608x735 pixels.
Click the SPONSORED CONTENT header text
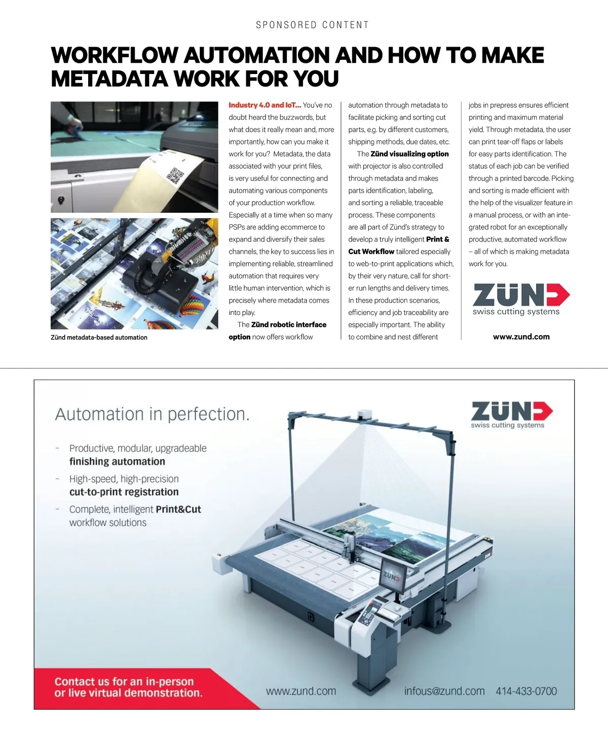click(x=312, y=25)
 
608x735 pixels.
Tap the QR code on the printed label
click(x=175, y=175)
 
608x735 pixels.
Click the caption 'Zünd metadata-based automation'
click(x=99, y=338)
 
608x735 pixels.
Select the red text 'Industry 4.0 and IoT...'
click(x=264, y=105)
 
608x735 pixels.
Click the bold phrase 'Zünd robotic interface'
click(x=289, y=325)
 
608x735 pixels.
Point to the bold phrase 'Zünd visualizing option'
click(x=409, y=154)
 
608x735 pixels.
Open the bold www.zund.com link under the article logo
click(x=521, y=337)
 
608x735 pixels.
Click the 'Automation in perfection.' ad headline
click(x=152, y=415)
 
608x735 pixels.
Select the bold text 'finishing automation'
click(x=117, y=462)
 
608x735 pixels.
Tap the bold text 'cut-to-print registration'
click(x=124, y=492)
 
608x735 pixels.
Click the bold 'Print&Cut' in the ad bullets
click(x=178, y=509)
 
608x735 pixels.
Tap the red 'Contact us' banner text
click(x=128, y=687)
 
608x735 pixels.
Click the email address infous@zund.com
click(x=444, y=691)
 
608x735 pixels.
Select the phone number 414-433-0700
click(x=526, y=691)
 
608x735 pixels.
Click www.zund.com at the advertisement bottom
click(x=301, y=691)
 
